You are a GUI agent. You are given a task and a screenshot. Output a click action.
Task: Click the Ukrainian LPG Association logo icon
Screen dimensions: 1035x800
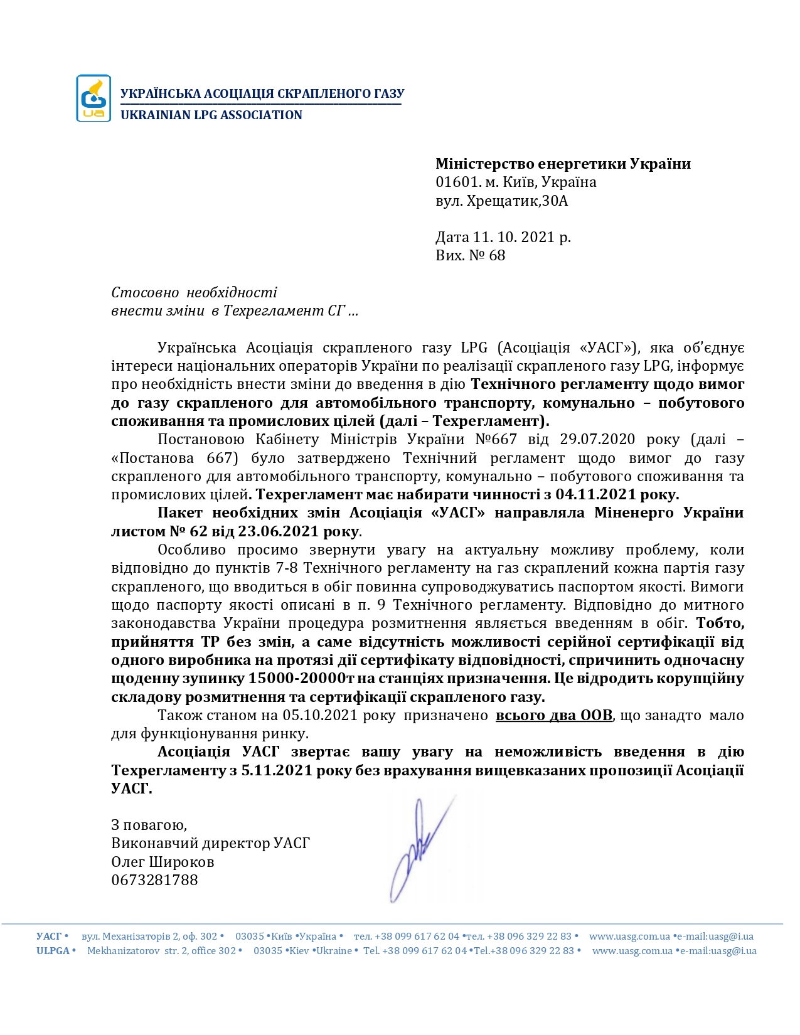[93, 98]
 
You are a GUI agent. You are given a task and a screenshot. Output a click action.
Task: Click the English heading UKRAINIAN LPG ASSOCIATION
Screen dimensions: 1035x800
[211, 115]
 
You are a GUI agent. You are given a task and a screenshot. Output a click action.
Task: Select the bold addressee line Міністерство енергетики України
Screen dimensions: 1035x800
[563, 164]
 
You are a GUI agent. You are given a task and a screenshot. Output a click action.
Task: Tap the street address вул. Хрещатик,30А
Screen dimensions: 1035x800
[501, 201]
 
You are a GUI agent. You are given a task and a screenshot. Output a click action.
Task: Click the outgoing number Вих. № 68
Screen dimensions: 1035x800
[470, 256]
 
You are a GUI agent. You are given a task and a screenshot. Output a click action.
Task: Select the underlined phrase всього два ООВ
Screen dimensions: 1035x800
[553, 716]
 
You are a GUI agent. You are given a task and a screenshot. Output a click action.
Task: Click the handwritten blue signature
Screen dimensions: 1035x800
[419, 850]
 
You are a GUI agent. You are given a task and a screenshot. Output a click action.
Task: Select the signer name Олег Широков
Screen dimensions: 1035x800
[163, 863]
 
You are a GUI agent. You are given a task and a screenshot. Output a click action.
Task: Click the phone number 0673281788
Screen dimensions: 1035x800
[154, 881]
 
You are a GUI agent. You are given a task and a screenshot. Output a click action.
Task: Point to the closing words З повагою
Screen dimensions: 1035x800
[149, 825]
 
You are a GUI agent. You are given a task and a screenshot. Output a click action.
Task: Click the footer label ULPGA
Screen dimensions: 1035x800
[53, 951]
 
